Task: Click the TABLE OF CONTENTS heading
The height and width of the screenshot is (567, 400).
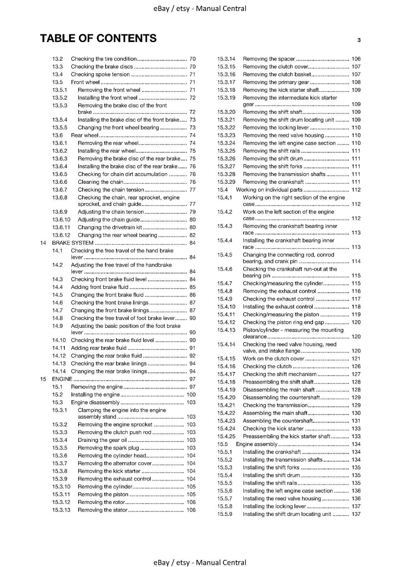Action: click(98, 38)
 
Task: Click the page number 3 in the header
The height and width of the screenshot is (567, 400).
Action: click(359, 40)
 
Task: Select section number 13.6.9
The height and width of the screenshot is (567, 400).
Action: click(59, 212)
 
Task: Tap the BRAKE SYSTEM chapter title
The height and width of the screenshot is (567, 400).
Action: click(73, 243)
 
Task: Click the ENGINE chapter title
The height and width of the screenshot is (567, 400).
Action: click(62, 379)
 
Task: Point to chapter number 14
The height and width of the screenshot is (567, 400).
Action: click(43, 243)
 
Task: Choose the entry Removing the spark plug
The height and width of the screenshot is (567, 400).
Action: click(108, 448)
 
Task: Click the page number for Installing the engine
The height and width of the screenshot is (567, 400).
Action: click(191, 395)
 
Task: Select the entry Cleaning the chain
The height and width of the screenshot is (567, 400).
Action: click(101, 182)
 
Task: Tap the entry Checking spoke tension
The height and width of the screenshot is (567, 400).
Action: click(100, 74)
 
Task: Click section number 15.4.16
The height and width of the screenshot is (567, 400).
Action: click(226, 366)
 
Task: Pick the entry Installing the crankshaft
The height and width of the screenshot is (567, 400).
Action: click(272, 452)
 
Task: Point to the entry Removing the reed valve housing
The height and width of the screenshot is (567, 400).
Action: click(283, 135)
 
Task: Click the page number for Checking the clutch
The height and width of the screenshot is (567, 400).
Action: click(356, 366)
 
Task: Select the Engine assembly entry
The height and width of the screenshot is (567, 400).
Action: click(257, 444)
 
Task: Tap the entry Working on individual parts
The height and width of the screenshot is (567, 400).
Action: click(269, 190)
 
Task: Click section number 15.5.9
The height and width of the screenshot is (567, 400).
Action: click(225, 514)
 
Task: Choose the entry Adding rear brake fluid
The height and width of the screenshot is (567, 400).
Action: click(98, 348)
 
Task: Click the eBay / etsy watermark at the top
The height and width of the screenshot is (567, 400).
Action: click(200, 9)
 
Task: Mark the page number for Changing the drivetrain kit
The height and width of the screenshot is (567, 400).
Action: click(192, 228)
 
